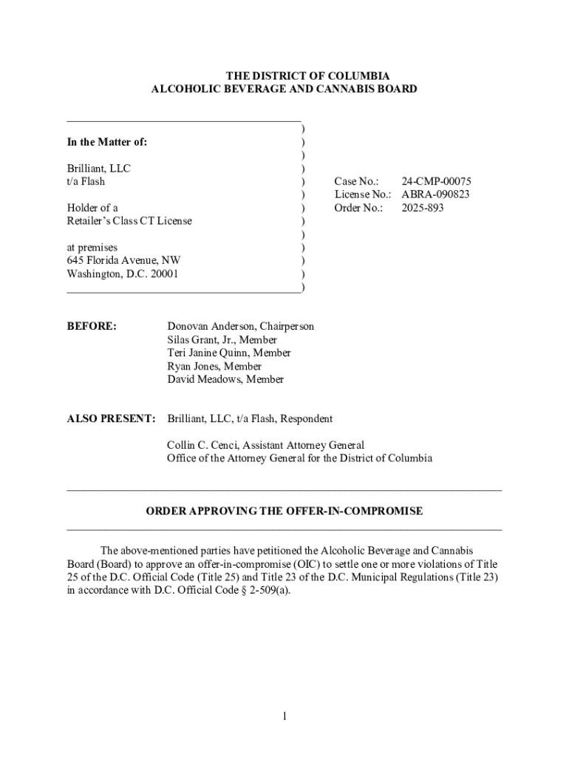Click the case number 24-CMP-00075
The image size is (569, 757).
(x=436, y=181)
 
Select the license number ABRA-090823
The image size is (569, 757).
(x=435, y=194)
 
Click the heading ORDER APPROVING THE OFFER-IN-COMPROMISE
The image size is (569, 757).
(x=284, y=511)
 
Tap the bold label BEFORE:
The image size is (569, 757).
(x=92, y=326)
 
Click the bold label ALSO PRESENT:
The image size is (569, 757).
(x=111, y=418)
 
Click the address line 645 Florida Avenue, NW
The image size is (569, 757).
(x=123, y=260)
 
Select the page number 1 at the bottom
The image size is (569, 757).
(x=284, y=716)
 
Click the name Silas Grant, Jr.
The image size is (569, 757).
(x=201, y=339)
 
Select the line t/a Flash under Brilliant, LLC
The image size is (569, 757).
(x=86, y=181)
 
